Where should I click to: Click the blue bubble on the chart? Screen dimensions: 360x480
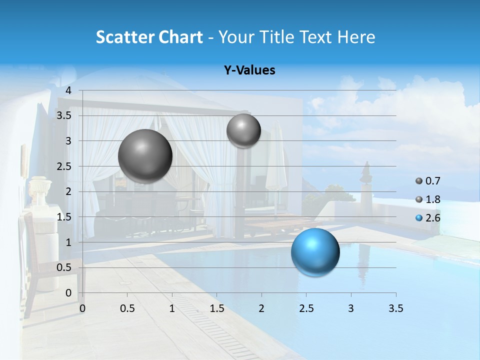pos(315,252)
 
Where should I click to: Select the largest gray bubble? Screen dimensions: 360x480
pos(145,156)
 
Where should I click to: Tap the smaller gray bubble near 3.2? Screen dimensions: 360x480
pos(243,130)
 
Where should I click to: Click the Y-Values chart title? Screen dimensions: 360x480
pos(249,70)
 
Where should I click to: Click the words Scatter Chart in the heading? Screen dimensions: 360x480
pos(149,37)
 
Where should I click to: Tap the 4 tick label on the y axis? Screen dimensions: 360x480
pos(68,90)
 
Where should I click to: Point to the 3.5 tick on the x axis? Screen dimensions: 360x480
pos(395,308)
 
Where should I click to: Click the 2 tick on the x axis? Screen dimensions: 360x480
pos(261,308)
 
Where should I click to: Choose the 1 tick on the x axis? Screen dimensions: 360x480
pos(172,308)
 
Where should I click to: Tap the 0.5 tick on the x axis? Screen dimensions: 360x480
pos(127,308)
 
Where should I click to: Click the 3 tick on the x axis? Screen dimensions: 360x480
pos(351,308)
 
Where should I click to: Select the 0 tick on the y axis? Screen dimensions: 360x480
pos(68,293)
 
